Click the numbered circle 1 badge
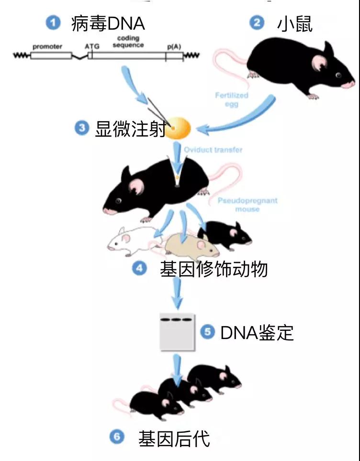pyautogui.click(x=53, y=22)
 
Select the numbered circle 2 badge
pyautogui.click(x=257, y=22)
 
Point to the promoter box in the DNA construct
pyautogui.click(x=51, y=55)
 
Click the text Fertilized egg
pyautogui.click(x=231, y=99)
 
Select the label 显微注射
pyautogui.click(x=130, y=128)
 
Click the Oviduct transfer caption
pyautogui.click(x=213, y=150)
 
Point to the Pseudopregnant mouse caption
pyautogui.click(x=247, y=205)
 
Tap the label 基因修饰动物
pyautogui.click(x=214, y=269)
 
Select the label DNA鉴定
pyautogui.click(x=257, y=332)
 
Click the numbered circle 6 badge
pyautogui.click(x=117, y=437)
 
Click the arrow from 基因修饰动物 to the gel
pyautogui.click(x=178, y=293)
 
